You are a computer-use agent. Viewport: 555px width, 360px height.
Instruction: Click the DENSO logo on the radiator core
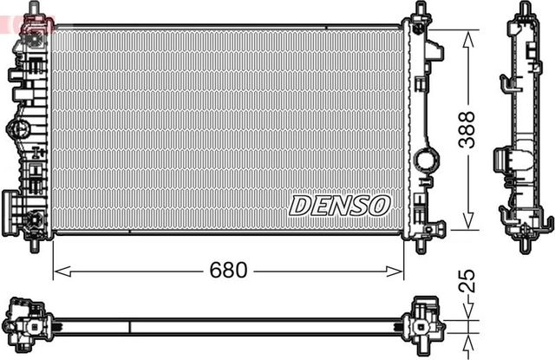coord(339,206)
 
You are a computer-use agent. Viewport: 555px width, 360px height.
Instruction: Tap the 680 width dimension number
coord(228,271)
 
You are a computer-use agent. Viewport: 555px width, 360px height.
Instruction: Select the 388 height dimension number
coord(467,129)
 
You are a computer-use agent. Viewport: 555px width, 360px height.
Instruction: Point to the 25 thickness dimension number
coord(467,281)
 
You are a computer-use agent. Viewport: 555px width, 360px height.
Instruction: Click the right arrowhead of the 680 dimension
coord(394,272)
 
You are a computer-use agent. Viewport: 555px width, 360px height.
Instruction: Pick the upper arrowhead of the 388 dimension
coord(468,39)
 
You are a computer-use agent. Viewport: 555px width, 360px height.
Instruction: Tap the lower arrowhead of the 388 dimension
coord(468,220)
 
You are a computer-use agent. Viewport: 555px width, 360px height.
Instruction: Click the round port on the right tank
coord(426,160)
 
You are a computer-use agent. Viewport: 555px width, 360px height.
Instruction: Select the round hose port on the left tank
coord(17,128)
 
